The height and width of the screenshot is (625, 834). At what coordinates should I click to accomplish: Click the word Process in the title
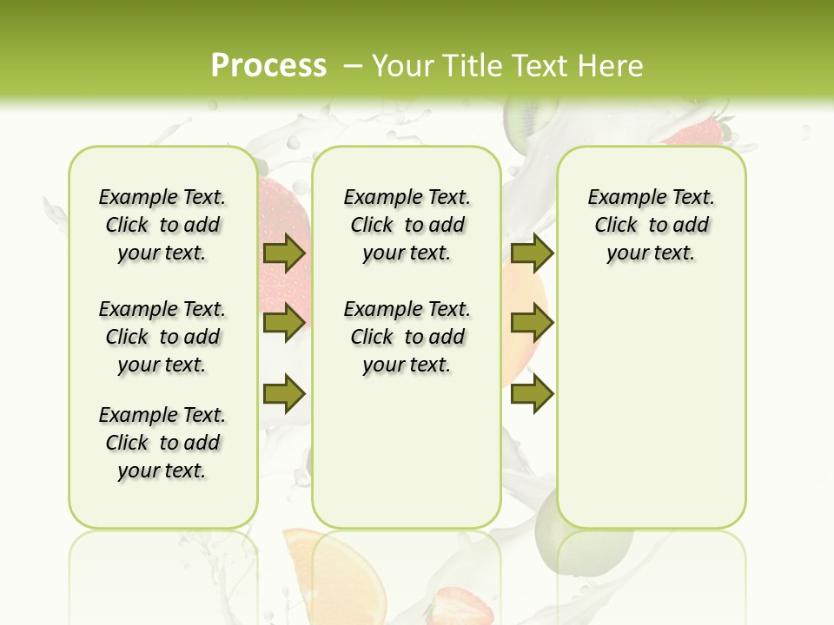268,65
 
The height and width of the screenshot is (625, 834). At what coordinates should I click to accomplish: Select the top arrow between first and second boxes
284,253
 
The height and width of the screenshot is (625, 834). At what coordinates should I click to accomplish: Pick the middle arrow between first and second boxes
284,323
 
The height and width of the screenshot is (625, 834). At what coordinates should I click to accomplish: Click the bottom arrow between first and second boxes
284,393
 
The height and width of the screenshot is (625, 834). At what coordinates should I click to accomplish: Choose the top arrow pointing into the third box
532,253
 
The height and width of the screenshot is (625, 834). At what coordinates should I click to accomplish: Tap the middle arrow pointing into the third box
532,323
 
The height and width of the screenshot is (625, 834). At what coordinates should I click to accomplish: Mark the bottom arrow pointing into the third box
532,393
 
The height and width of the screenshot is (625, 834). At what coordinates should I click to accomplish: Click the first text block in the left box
162,225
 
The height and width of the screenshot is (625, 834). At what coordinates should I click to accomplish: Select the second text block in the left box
162,337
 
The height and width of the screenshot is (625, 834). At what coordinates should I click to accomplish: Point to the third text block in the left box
162,443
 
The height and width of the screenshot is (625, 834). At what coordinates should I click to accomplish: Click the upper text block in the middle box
407,225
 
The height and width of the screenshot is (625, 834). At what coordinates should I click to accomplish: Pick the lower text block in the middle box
407,337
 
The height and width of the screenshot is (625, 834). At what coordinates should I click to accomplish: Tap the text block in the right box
652,225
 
